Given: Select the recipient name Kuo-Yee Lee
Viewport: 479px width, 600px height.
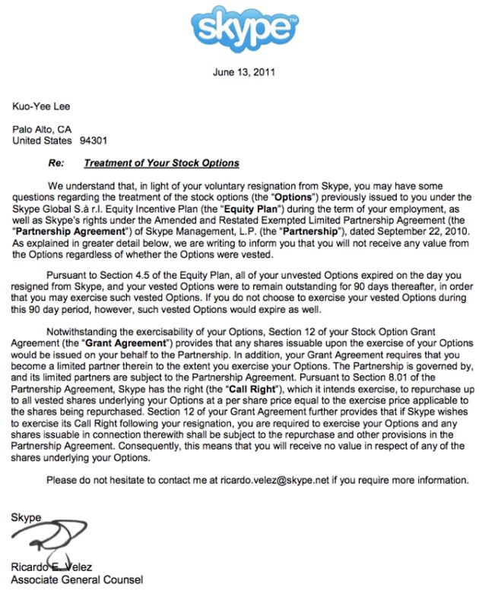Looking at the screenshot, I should click(x=41, y=106).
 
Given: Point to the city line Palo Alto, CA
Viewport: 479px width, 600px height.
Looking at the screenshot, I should click(x=43, y=129).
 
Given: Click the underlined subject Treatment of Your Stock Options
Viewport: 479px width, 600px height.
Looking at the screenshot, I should click(x=161, y=163).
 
